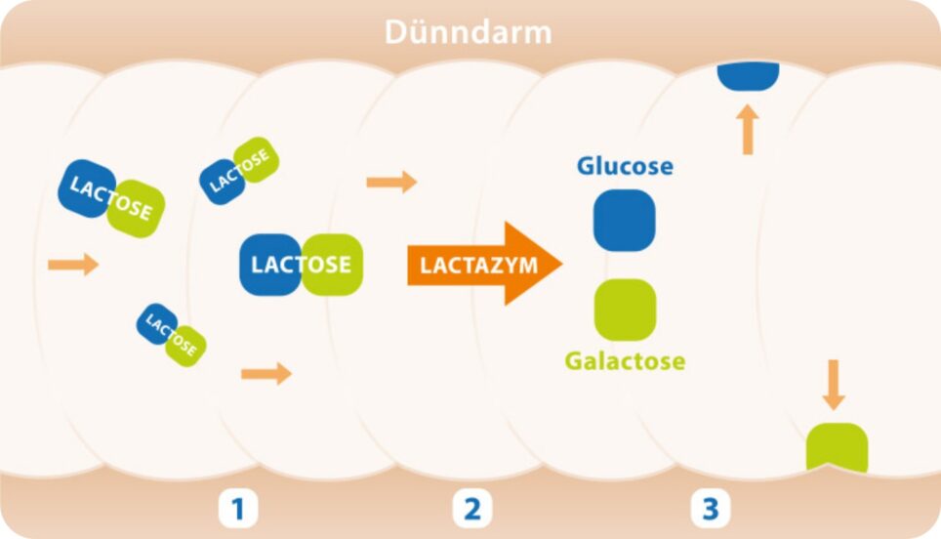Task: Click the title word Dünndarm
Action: [x=469, y=32]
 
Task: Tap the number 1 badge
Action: [x=237, y=509]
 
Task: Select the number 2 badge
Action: [x=472, y=509]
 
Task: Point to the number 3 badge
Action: [x=710, y=509]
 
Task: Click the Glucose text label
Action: [x=625, y=166]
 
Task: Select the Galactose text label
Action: [x=625, y=361]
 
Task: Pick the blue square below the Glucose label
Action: [x=625, y=220]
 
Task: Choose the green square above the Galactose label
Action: [x=625, y=310]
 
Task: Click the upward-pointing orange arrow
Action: [x=748, y=130]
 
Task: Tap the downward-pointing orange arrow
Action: [x=833, y=385]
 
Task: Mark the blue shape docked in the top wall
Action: [x=748, y=76]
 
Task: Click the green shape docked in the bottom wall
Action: [x=836, y=447]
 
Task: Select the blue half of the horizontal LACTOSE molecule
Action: [x=271, y=265]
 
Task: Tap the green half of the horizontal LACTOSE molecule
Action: [x=332, y=265]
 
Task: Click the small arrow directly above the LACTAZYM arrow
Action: [x=391, y=182]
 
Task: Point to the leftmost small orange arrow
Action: [x=73, y=264]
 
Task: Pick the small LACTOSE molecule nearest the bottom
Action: [x=172, y=334]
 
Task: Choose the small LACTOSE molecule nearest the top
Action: [x=239, y=170]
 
